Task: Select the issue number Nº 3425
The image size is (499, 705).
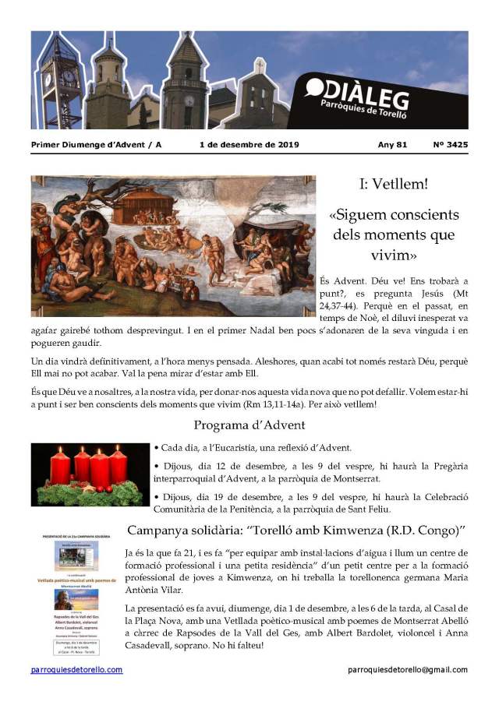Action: [450, 145]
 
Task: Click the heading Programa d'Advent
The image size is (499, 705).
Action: [249, 425]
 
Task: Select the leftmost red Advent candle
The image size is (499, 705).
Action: [60, 466]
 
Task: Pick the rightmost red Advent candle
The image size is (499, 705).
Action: [118, 464]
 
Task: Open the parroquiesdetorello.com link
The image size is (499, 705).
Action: [76, 670]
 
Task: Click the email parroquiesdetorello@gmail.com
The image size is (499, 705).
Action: [408, 670]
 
